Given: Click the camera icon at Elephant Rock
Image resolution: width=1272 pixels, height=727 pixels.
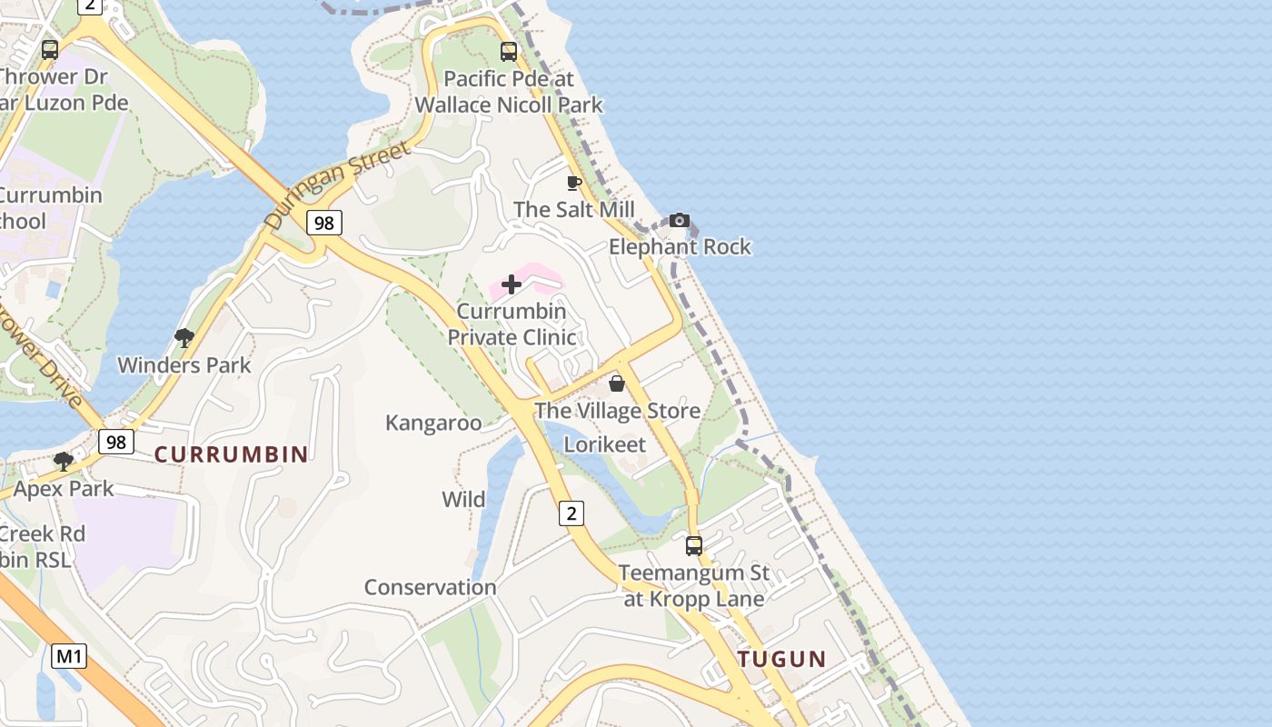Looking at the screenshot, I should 679,220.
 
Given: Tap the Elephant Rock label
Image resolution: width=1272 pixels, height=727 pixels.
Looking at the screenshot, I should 680,246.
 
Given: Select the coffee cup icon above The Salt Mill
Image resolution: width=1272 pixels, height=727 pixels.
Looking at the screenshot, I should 573,183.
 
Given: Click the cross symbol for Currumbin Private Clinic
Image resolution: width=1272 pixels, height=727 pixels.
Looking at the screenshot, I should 512,284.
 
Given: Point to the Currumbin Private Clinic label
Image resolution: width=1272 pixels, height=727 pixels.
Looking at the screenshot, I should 512,324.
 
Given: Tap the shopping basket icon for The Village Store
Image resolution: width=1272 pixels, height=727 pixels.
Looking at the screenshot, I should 617,383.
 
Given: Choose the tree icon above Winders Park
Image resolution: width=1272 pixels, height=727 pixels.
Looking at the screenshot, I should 184,339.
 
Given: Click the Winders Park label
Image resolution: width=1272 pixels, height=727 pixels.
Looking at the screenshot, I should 184,365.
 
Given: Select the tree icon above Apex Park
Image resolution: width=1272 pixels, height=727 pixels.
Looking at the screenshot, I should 63,462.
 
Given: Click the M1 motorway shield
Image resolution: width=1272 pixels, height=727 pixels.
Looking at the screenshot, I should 68,655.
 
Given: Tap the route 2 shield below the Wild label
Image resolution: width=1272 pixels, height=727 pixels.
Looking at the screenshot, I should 571,513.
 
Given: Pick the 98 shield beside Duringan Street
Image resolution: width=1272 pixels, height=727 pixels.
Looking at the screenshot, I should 324,222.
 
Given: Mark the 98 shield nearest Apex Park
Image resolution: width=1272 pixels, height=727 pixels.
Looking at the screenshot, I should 116,442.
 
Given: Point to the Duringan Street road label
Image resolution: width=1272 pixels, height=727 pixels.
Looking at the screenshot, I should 337,184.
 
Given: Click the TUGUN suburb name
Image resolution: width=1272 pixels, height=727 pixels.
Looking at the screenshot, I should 781,660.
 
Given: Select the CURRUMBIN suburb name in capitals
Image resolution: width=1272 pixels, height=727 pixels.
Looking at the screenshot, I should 231,454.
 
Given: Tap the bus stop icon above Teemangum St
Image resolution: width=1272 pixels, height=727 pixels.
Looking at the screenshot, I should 694,546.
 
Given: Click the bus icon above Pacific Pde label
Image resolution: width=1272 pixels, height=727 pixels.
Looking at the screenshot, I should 509,52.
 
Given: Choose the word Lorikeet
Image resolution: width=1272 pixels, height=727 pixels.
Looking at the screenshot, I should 605,444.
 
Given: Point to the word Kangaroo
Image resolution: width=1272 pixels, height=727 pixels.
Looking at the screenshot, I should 433,423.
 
